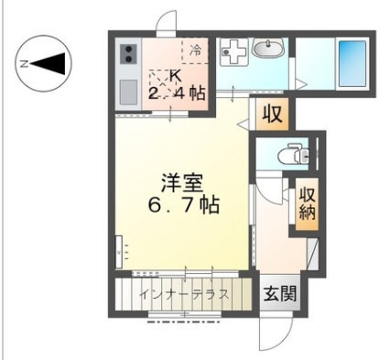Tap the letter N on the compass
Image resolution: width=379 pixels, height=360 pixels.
pos(24,64)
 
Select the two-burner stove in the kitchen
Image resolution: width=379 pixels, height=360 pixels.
pos(128,54)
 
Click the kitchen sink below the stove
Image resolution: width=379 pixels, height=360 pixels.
pos(128,93)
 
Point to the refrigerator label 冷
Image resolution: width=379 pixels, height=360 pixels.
pos(195,50)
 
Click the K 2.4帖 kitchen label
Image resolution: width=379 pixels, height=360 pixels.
pos(177,85)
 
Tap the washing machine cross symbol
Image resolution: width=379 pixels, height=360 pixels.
pos(232,53)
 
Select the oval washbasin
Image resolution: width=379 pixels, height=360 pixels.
pos(268,48)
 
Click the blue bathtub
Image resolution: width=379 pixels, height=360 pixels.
pos(352,63)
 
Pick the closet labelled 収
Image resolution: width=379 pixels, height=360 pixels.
pos(272,115)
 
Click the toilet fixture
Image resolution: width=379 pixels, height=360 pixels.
pos(293,154)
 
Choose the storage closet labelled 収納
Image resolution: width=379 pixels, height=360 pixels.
pos(307,203)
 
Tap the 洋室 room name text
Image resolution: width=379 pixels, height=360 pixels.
pos(182,182)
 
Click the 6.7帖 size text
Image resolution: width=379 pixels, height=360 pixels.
pos(183,204)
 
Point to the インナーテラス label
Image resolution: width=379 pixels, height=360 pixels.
pos(184,295)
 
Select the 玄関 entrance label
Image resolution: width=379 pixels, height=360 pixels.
pos(280,294)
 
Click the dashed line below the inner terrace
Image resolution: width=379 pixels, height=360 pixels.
pos(184,322)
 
